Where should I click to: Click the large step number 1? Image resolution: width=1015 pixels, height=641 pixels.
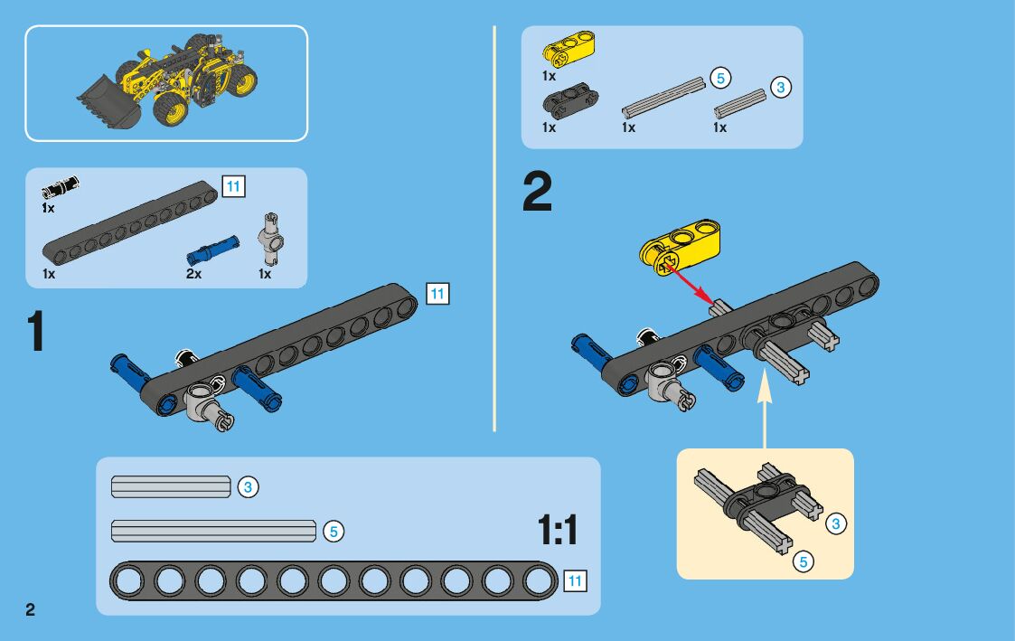point(36,331)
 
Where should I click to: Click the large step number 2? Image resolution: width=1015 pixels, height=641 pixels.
point(537,191)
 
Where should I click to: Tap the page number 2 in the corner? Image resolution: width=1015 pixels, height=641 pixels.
point(31,609)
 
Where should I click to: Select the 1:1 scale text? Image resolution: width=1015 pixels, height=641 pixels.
point(558,531)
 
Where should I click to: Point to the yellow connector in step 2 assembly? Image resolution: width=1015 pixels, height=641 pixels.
point(680,247)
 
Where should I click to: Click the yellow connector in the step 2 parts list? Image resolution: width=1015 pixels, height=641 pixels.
point(569,49)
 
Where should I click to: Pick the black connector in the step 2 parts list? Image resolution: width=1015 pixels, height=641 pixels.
point(569,99)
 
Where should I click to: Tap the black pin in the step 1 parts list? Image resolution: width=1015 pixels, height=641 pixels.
point(61,186)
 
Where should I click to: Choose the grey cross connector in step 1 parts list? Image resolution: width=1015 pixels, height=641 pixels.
point(271,239)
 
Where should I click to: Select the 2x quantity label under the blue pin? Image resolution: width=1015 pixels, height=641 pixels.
point(193,274)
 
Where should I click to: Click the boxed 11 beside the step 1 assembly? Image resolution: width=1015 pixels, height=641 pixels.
point(437,294)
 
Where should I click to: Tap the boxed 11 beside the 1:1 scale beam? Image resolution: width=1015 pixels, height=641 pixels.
point(575,580)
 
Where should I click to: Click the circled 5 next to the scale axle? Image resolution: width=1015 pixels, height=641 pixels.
point(334,532)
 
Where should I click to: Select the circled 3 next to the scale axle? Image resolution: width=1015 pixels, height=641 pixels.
point(248,487)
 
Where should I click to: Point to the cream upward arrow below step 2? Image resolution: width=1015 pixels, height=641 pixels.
point(765,408)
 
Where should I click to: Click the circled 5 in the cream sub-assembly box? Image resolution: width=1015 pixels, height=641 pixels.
point(804,562)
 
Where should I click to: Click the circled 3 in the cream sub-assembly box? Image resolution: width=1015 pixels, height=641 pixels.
point(836,523)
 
